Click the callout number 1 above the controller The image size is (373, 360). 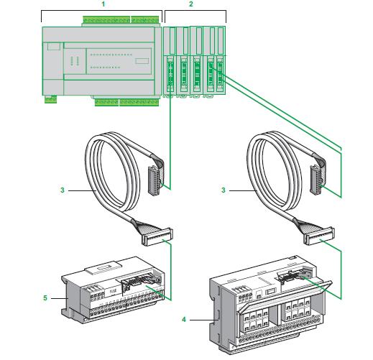(x=103, y=4)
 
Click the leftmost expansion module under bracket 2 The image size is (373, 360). (x=170, y=61)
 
